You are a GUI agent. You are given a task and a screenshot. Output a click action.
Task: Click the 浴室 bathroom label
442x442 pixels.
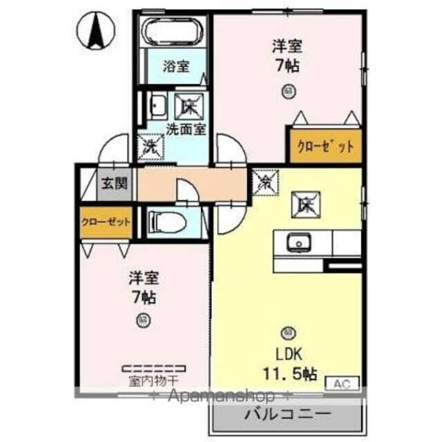tap(175, 66)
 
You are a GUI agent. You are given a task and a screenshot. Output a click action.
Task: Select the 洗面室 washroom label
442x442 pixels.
tap(186, 128)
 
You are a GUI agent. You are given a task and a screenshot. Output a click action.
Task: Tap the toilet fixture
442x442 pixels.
tap(166, 222)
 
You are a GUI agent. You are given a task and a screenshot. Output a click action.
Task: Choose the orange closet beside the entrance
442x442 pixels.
tap(106, 222)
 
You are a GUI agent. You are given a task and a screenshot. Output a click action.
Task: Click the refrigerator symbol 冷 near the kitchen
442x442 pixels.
tap(264, 182)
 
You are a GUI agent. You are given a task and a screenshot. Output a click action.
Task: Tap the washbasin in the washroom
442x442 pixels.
tap(157, 106)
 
